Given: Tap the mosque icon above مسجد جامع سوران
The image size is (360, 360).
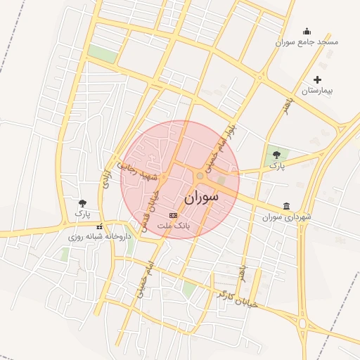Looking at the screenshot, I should click(x=307, y=31).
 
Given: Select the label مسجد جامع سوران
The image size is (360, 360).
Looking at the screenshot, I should click(x=307, y=42).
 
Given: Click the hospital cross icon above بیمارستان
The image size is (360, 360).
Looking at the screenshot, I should click(x=317, y=80).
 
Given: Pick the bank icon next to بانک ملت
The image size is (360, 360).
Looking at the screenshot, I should click(x=174, y=214).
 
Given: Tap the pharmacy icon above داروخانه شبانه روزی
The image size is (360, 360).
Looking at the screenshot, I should click(x=99, y=226).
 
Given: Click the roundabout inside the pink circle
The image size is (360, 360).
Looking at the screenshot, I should click(x=200, y=175).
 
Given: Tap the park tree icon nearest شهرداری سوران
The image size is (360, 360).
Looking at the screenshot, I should click(x=277, y=153).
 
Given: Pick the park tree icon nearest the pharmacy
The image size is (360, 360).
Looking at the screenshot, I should click(x=83, y=203).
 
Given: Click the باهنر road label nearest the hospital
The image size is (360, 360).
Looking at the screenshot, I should click(x=287, y=105).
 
